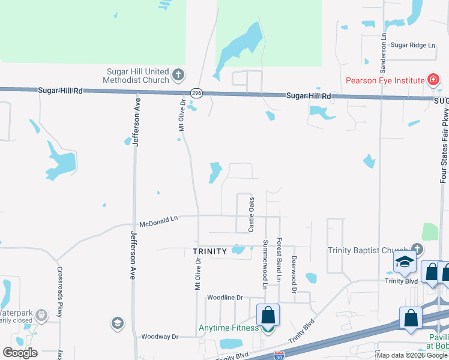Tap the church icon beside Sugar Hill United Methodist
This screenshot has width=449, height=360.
pyautogui.click(x=178, y=76)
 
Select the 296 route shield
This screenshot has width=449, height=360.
pyautogui.click(x=196, y=93)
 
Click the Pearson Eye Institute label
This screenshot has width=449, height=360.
pyautogui.click(x=385, y=80)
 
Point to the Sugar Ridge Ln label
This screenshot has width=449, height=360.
pyautogui.click(x=412, y=45)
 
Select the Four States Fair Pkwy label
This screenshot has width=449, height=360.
pyautogui.click(x=444, y=146)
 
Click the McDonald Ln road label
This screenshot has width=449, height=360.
pyautogui.click(x=158, y=221)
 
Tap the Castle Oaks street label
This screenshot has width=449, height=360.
pyautogui.click(x=252, y=215)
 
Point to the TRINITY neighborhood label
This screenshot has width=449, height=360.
pyautogui.click(x=209, y=251)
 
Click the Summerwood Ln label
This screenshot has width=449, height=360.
pyautogui.click(x=265, y=265)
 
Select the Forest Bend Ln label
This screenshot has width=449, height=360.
pyautogui.click(x=279, y=260)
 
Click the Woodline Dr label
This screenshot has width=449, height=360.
pyautogui.click(x=224, y=298)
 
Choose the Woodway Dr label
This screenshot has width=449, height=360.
pyautogui.click(x=159, y=337)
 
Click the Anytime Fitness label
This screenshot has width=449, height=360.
pyautogui.click(x=229, y=328)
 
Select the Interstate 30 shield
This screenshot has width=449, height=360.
pyautogui.click(x=278, y=356)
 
